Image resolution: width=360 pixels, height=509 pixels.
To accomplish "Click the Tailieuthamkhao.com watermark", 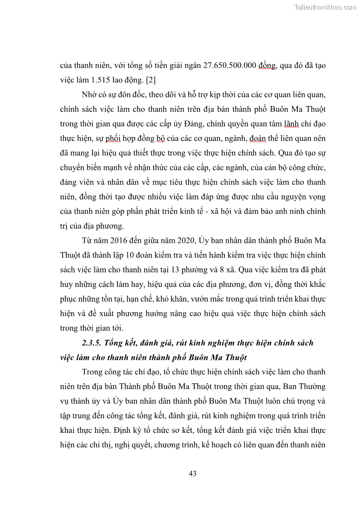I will click(325, 7).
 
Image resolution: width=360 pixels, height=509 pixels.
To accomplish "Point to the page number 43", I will click(192, 474).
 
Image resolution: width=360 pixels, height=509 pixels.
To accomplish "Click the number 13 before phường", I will click(192, 270).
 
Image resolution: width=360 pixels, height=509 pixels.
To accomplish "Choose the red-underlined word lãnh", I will click(292, 124).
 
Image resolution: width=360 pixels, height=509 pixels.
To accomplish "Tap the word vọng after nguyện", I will click(315, 197).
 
